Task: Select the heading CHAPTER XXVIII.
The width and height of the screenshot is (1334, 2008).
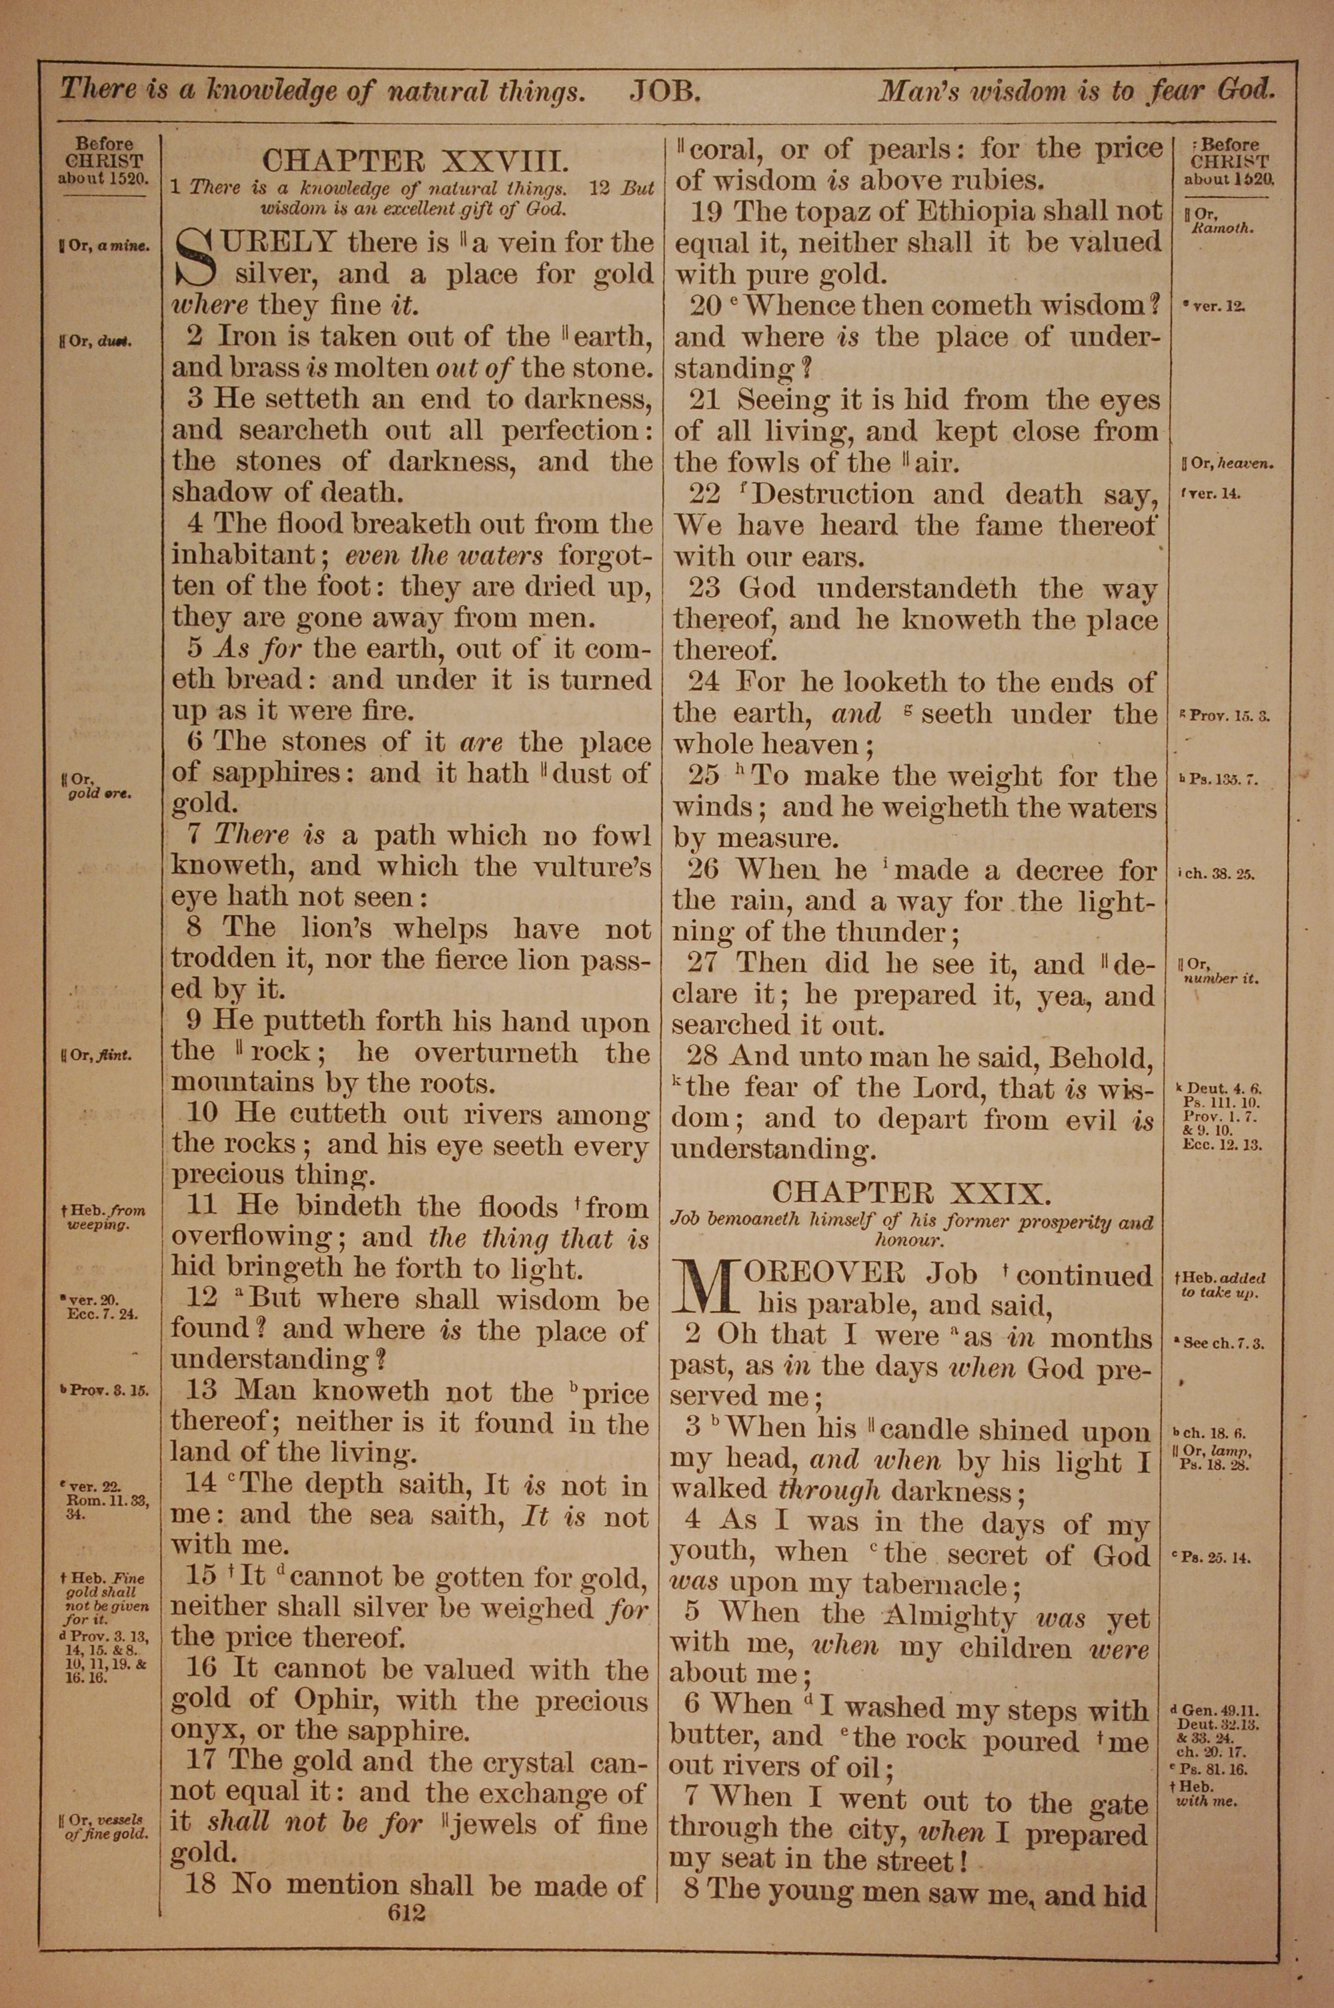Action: point(413,161)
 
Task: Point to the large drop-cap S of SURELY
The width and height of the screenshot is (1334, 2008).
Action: point(194,259)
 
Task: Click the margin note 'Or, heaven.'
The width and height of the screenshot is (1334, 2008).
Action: point(1227,464)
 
